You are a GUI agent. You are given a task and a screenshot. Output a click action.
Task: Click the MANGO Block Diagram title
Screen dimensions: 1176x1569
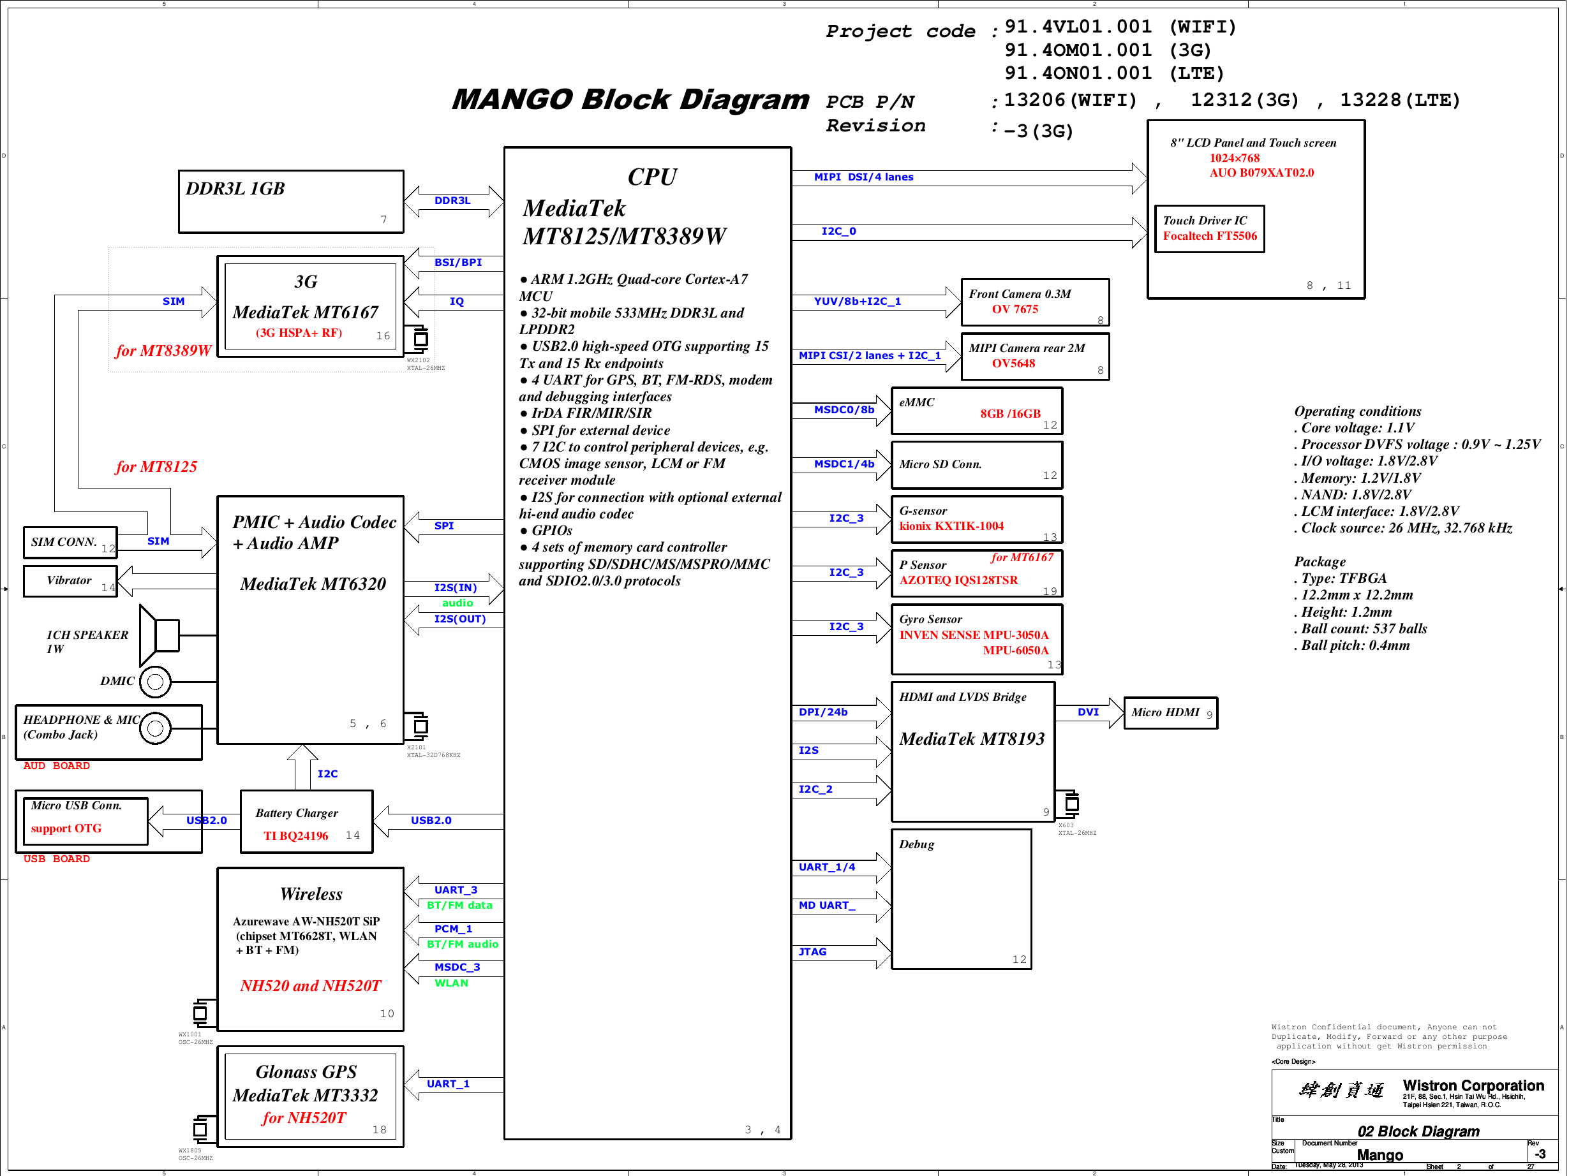tap(630, 99)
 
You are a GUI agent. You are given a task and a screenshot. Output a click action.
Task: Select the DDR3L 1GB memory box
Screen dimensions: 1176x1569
tap(291, 202)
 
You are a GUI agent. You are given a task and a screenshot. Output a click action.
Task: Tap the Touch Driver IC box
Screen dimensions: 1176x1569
tap(1208, 228)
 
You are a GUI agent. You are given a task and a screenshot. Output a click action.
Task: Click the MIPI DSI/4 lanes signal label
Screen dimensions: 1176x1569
tap(863, 177)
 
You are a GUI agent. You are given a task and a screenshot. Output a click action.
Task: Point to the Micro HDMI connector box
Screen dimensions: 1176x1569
tap(1170, 712)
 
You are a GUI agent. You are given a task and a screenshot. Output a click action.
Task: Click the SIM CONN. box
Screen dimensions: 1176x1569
tap(70, 542)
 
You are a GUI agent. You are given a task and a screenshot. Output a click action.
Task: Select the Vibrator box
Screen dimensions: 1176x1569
tap(70, 580)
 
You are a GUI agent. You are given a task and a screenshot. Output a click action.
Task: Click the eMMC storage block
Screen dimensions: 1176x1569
tap(976, 411)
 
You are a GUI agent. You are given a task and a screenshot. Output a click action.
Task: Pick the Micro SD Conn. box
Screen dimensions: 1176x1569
tap(976, 465)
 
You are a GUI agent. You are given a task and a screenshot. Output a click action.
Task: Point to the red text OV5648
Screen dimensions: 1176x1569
tap(1013, 364)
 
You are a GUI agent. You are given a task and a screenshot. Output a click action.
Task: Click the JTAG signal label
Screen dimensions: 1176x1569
tap(812, 952)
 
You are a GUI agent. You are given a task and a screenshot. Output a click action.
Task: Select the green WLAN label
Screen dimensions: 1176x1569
tap(451, 983)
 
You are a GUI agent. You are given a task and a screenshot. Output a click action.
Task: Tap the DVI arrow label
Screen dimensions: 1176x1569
tap(1087, 712)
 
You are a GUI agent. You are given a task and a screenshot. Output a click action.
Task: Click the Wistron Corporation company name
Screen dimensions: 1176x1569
tap(1473, 1086)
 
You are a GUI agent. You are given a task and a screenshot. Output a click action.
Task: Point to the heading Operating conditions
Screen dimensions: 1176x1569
tap(1357, 411)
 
